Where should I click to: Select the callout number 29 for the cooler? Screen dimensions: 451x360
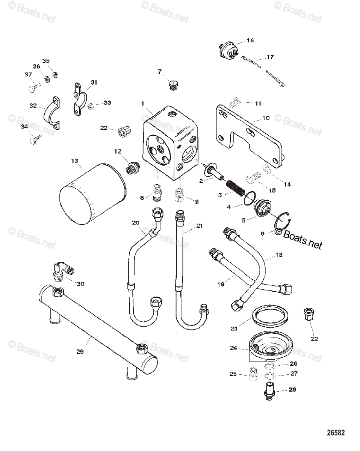click(x=80, y=351)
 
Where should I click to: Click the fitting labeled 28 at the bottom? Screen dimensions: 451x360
click(x=270, y=390)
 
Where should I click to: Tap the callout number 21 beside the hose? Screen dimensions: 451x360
click(x=199, y=226)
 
